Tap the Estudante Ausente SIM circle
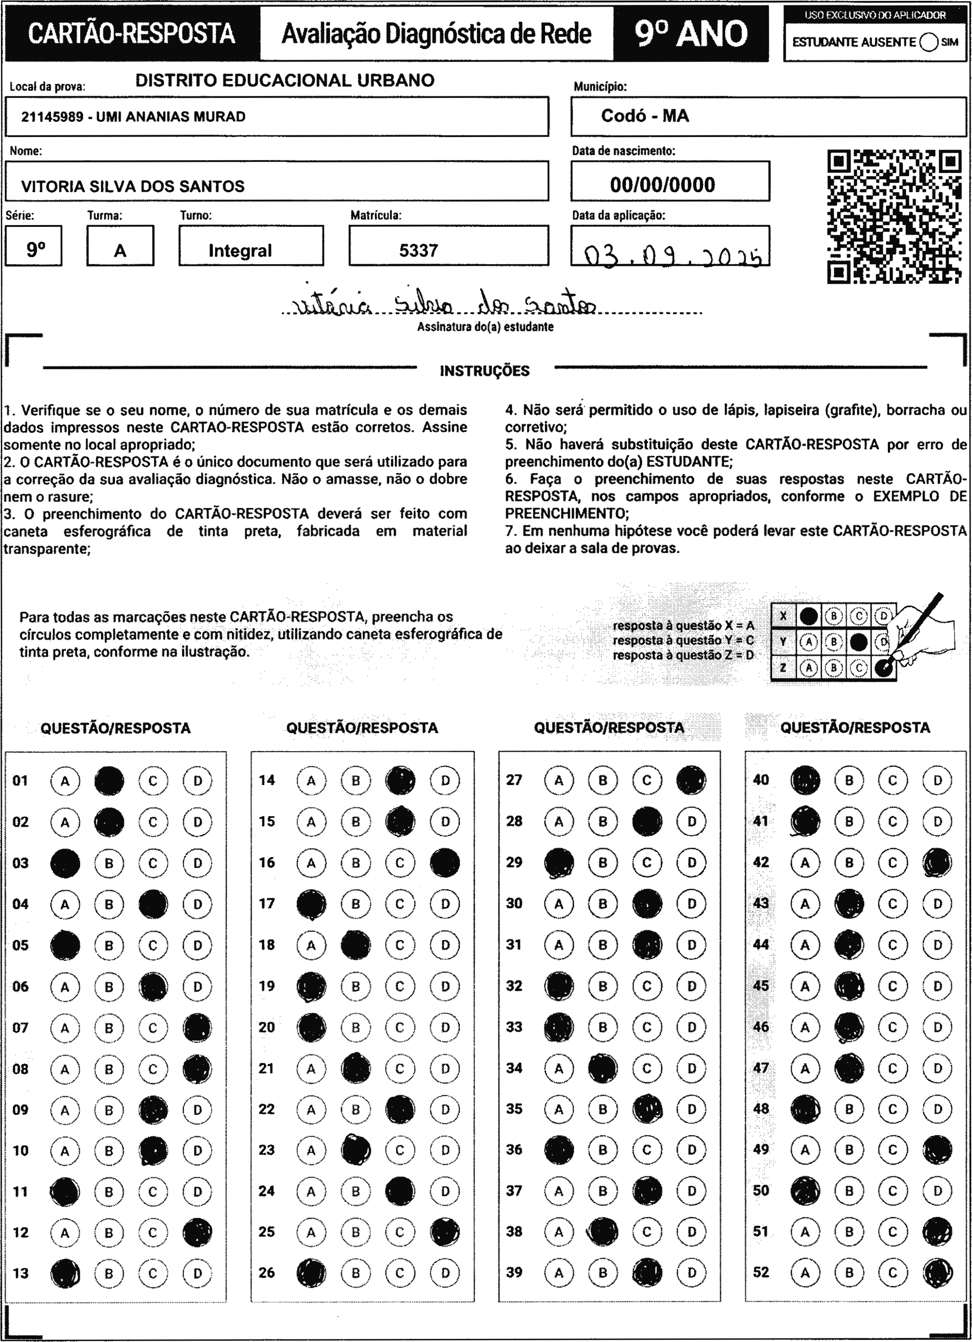[x=929, y=43]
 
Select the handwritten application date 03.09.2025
[x=672, y=256]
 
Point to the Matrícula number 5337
[x=418, y=250]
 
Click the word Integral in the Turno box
[x=240, y=251]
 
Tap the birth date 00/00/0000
[x=662, y=185]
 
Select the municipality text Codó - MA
[x=645, y=116]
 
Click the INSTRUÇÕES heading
[x=485, y=371]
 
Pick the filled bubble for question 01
[x=109, y=780]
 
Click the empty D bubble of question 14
[x=445, y=780]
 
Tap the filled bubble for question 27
[x=691, y=780]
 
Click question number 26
[x=266, y=1272]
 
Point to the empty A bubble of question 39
[x=558, y=1272]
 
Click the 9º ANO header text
[x=691, y=34]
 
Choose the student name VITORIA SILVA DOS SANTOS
[x=133, y=187]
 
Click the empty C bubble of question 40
[x=893, y=780]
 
